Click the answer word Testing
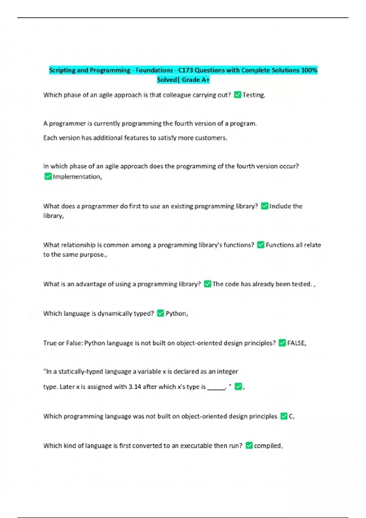pyautogui.click(x=253, y=95)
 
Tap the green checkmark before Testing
pyautogui.click(x=238, y=95)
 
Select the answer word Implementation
pyautogui.click(x=77, y=177)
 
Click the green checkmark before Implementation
pyautogui.click(x=48, y=176)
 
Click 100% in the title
pyautogui.click(x=309, y=70)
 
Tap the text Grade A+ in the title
pyautogui.click(x=196, y=80)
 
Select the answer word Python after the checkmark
pyautogui.click(x=176, y=314)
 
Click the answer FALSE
pyautogui.click(x=296, y=343)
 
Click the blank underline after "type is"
pyautogui.click(x=216, y=388)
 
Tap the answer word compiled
pyautogui.click(x=268, y=446)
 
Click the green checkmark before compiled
pyautogui.click(x=249, y=445)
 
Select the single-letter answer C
pyautogui.click(x=291, y=416)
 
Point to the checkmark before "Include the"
pyautogui.click(x=264, y=206)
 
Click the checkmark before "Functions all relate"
pyautogui.click(x=260, y=245)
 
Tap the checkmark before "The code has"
pyautogui.click(x=207, y=284)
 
